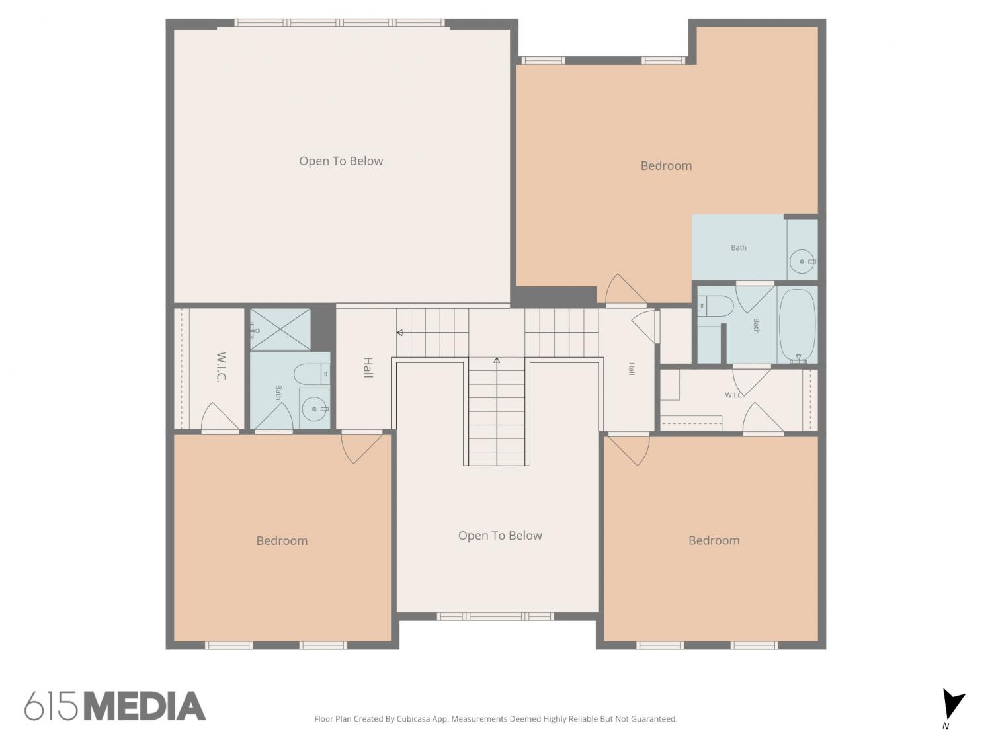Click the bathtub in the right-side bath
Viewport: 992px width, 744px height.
(x=797, y=325)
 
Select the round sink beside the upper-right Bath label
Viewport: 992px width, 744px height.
(x=802, y=261)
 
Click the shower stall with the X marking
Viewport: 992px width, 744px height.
(x=280, y=329)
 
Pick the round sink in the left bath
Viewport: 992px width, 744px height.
(x=314, y=409)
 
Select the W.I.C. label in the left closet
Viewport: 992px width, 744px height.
(x=221, y=367)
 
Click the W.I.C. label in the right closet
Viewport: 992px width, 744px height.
(x=734, y=395)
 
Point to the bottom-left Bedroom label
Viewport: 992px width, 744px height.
(x=282, y=541)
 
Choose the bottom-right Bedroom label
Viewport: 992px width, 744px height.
(x=714, y=540)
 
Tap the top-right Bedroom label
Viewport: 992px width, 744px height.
(x=666, y=166)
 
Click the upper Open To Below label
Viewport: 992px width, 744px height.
(x=341, y=161)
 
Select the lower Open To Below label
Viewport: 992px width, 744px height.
(x=500, y=535)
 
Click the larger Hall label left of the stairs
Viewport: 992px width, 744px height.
(x=368, y=367)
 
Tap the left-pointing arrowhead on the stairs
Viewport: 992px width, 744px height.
(x=399, y=333)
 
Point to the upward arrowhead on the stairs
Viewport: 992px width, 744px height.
(x=497, y=360)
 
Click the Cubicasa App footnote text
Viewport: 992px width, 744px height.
(x=496, y=718)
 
